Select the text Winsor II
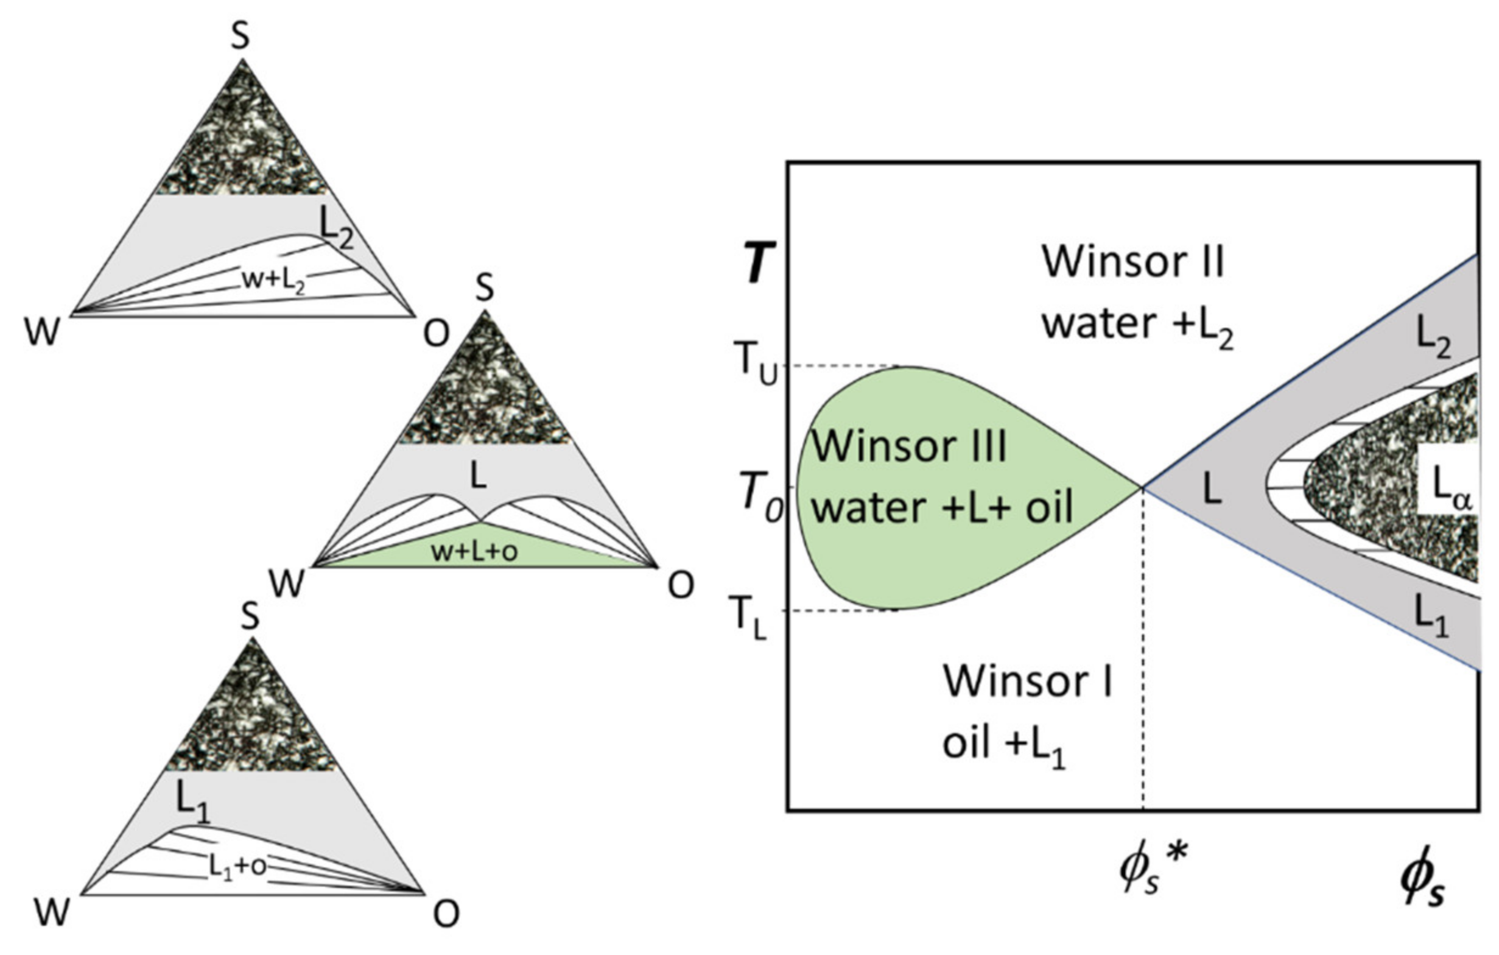1133,263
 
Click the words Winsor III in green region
909,446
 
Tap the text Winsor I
1028,682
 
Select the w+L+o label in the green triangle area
474,552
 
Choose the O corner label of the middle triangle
681,586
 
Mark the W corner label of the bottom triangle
52,914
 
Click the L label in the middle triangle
478,477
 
